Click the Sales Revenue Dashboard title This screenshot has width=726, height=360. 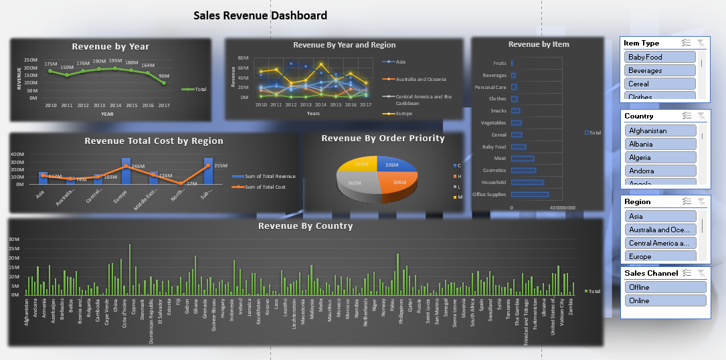tap(260, 15)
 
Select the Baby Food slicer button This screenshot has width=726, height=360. tap(660, 57)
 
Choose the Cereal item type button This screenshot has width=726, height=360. tap(660, 84)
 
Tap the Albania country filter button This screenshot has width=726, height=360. tap(660, 144)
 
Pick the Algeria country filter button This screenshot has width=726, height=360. tap(660, 157)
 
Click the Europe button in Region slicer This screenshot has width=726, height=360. tap(660, 256)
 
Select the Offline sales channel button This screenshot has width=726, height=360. tap(665, 287)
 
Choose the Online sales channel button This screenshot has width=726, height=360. tap(665, 300)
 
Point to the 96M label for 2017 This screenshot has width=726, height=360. tap(164, 76)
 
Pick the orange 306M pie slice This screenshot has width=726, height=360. tap(397, 183)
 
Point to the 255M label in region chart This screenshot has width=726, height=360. tap(221, 165)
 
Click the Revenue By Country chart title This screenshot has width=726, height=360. tap(305, 226)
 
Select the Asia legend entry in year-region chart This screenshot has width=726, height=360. tap(400, 62)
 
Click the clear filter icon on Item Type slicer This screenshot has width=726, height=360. tap(701, 43)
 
